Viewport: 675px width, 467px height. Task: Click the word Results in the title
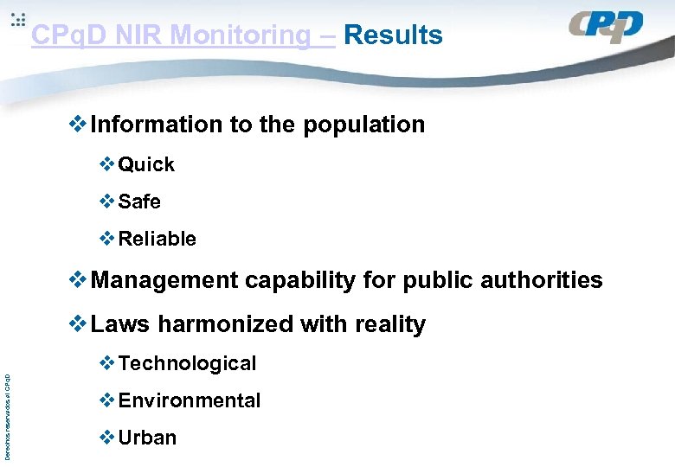click(393, 35)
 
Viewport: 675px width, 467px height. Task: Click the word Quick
click(146, 164)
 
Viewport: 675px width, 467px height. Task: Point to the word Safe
click(139, 202)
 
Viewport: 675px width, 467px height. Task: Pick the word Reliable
click(157, 239)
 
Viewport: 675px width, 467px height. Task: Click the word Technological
click(187, 363)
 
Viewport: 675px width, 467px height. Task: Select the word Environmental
click(189, 400)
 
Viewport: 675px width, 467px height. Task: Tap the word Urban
click(147, 438)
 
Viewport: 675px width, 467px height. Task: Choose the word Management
click(164, 280)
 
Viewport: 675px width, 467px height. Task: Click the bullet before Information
click(78, 125)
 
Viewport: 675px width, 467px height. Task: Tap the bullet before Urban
click(107, 438)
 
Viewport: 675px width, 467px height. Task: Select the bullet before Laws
click(78, 324)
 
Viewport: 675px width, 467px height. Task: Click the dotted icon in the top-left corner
click(17, 21)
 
